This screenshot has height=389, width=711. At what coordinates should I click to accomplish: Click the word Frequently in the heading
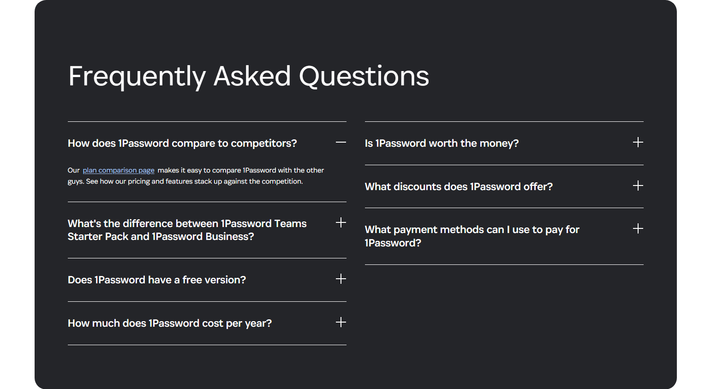137,76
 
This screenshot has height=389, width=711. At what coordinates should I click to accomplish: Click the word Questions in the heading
364,76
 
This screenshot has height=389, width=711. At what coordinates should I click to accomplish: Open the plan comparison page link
119,170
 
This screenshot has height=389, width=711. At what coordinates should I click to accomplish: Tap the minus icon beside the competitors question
341,143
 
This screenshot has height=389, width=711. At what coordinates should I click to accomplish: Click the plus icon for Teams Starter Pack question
341,223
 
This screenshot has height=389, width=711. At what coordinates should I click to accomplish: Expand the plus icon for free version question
341,279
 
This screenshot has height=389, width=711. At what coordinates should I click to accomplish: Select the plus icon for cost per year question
341,323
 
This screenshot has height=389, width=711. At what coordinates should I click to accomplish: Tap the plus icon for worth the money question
638,143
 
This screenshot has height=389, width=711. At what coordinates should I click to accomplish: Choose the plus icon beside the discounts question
638,186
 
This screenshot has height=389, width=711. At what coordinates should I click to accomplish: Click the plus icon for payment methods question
638,229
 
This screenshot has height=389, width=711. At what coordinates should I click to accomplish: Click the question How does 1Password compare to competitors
182,144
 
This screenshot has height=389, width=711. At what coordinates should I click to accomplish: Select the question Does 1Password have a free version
157,280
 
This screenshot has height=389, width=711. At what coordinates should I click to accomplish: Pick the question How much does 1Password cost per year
170,323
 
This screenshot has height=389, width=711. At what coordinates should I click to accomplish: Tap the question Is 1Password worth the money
442,144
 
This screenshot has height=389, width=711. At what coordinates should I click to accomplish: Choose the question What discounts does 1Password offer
459,187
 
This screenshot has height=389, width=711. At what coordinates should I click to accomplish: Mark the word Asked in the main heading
252,76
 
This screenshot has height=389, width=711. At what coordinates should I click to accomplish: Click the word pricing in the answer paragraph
138,181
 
